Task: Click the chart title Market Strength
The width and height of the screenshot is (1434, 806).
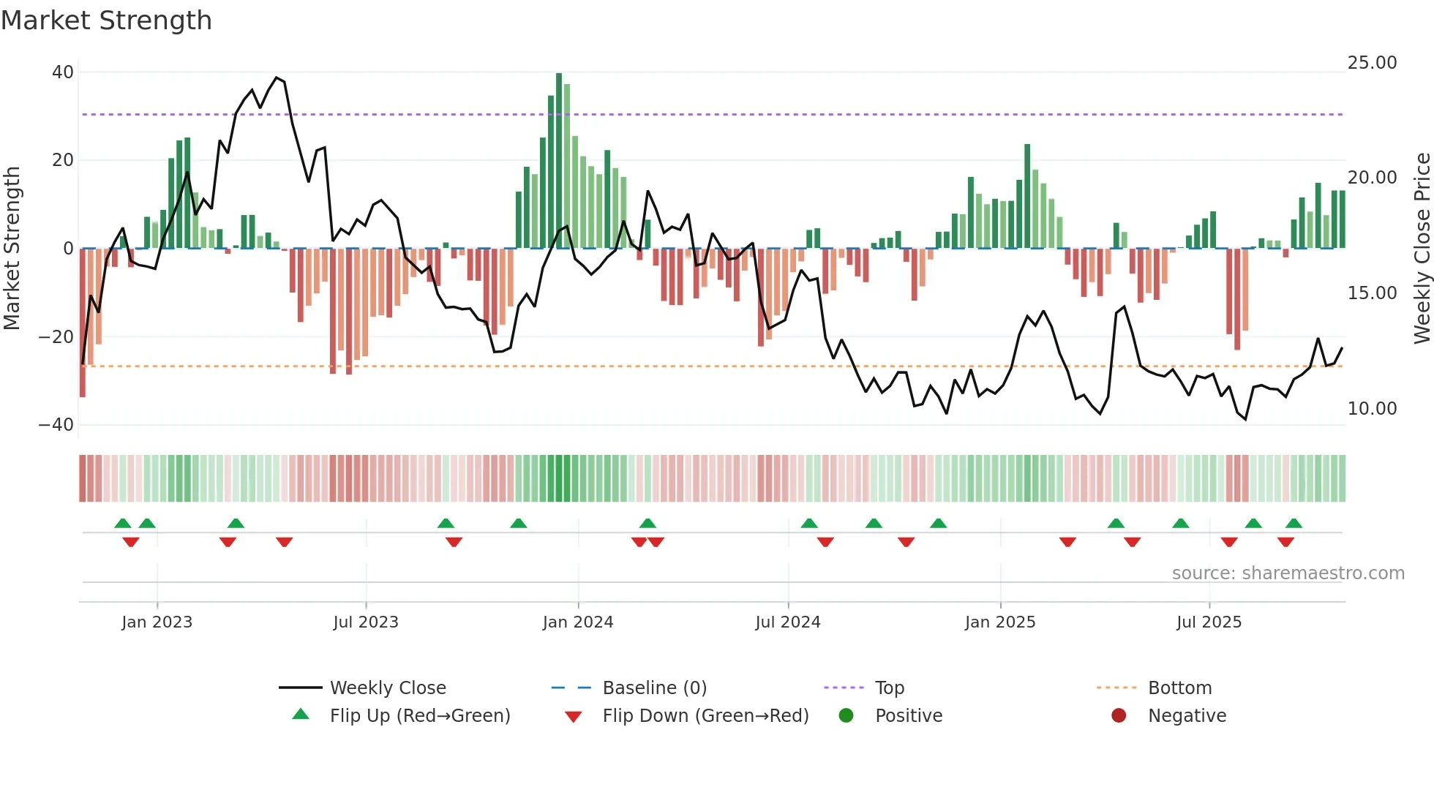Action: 106,20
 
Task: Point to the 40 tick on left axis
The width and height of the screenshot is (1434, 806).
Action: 63,72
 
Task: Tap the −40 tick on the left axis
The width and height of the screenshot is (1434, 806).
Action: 56,425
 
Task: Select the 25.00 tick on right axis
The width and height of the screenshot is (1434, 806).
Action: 1372,63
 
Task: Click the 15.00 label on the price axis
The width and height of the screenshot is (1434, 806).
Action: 1372,293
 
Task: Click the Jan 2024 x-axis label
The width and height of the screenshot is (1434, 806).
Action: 577,622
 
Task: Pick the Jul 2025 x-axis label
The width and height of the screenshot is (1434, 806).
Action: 1209,622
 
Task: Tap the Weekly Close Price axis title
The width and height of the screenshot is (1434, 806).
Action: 1422,249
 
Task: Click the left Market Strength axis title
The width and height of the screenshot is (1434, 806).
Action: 12,249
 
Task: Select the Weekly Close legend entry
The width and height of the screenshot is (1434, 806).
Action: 387,688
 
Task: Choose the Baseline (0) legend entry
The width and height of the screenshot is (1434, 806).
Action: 654,688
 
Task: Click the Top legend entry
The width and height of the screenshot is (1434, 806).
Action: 889,688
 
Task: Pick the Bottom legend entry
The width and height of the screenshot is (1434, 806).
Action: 1179,688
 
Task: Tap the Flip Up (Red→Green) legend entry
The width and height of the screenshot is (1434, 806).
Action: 419,716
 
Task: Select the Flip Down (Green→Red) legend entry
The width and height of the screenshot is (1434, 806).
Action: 705,716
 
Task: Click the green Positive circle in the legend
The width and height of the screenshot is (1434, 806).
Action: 846,716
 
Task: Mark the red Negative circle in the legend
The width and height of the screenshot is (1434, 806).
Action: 1119,716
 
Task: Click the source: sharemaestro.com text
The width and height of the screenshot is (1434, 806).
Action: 1288,573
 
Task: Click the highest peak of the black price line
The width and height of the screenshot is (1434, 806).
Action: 277,78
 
